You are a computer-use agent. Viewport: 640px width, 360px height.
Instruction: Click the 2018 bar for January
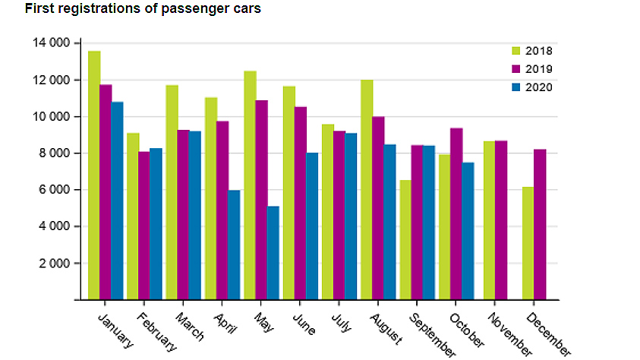94,175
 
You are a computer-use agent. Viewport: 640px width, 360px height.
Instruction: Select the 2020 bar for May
273,253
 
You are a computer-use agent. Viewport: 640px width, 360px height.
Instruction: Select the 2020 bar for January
117,201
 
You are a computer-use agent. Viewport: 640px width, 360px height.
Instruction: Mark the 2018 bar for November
489,220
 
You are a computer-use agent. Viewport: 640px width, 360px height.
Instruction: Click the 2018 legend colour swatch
515,51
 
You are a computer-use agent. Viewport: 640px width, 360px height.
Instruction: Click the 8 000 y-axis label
54,153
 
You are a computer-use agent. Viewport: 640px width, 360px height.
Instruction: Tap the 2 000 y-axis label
54,264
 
